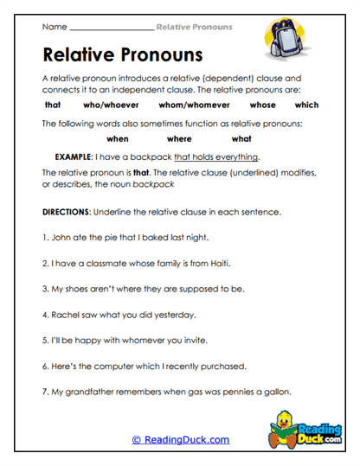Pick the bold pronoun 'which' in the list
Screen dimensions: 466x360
(x=306, y=105)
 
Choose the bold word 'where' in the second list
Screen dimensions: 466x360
(x=179, y=138)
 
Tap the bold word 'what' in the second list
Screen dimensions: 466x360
(x=241, y=138)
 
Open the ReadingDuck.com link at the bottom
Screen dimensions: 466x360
(x=180, y=440)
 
